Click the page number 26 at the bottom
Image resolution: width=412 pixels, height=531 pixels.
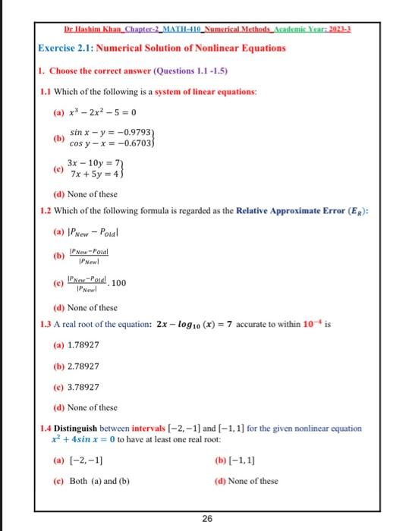206,518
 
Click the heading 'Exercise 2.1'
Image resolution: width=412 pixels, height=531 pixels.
68,48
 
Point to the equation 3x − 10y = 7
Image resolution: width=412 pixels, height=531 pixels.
94,164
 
